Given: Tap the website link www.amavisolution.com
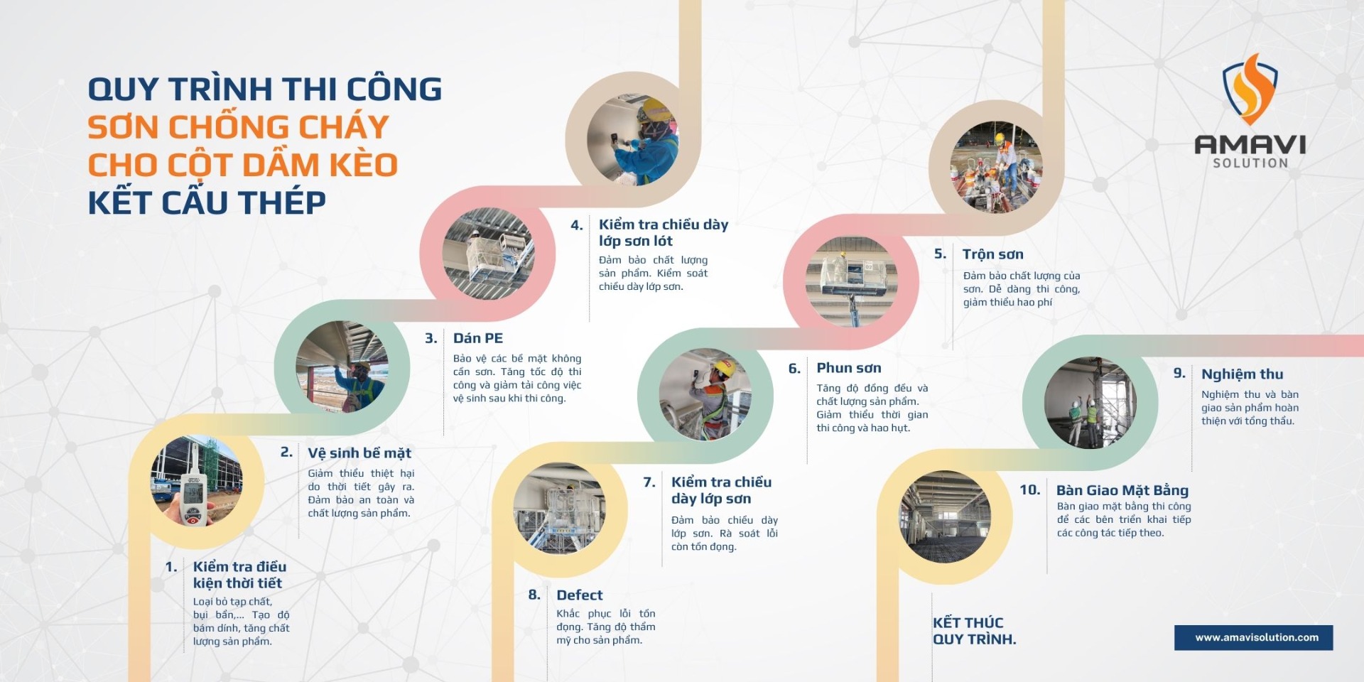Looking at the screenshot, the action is (x=1257, y=637).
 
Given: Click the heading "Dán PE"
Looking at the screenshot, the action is (x=478, y=338).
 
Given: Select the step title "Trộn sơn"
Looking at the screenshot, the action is (x=993, y=254).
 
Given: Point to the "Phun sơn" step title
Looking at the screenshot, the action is (x=849, y=368).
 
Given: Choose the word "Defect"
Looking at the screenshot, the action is (x=580, y=595).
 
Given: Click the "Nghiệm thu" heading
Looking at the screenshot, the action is (x=1243, y=374).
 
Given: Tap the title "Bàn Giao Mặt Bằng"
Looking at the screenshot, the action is (x=1122, y=490).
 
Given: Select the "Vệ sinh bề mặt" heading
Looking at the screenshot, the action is (x=359, y=453).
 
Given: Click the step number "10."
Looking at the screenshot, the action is (x=1030, y=489).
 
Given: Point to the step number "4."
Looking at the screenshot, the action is (x=577, y=225).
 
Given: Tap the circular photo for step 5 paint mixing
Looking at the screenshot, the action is (x=996, y=168).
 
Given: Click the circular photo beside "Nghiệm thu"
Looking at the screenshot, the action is (x=1090, y=403).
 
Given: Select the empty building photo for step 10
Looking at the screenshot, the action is (x=945, y=516).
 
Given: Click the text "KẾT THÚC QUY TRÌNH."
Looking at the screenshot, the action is (x=974, y=631).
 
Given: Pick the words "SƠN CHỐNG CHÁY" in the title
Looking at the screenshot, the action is (x=238, y=127).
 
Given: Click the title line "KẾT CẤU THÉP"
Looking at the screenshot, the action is (x=207, y=202).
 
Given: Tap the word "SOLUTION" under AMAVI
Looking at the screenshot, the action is (x=1250, y=163).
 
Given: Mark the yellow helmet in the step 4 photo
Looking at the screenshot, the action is (x=655, y=111).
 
